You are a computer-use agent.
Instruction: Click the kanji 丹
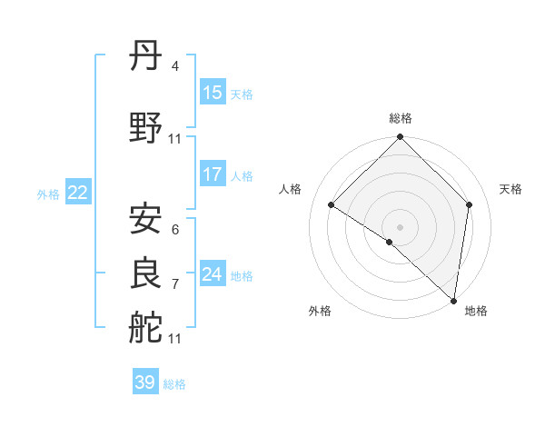tap(146, 57)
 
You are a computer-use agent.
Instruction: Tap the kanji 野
tap(146, 129)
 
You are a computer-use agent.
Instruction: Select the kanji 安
tap(146, 219)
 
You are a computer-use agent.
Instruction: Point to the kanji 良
tap(146, 273)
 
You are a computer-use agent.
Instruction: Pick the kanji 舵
tap(146, 327)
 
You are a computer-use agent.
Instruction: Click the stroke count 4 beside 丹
tap(174, 66)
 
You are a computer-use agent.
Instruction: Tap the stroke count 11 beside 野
tap(175, 139)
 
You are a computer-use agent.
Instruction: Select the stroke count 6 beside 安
tap(174, 229)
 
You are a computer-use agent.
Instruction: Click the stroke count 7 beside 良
tap(174, 283)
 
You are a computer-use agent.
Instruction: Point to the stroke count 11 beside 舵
tap(175, 338)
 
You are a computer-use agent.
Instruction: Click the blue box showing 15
tap(213, 93)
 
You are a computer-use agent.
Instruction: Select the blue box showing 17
tap(213, 174)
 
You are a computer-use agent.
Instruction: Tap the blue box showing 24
tap(213, 274)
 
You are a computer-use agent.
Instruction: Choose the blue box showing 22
tap(77, 193)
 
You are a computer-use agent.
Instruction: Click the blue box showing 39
tap(145, 382)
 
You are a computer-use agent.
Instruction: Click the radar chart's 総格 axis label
tap(401, 118)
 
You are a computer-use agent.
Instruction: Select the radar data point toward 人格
tap(332, 204)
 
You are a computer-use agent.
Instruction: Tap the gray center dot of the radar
tap(401, 226)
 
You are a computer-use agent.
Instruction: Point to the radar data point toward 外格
tap(390, 242)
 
